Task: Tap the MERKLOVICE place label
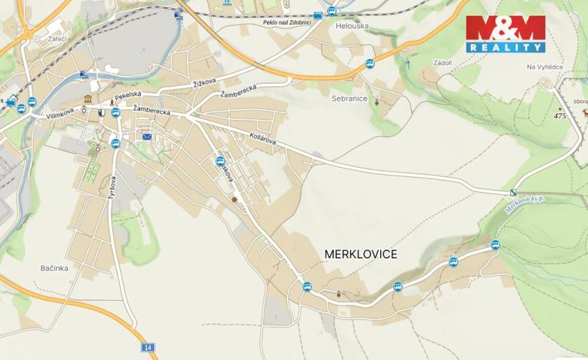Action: pyautogui.click(x=361, y=254)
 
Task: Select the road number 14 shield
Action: pyautogui.click(x=148, y=348)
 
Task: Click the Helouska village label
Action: pyautogui.click(x=353, y=25)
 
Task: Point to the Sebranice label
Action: pyautogui.click(x=350, y=99)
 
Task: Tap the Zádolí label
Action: pyautogui.click(x=443, y=62)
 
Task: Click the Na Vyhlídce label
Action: pyautogui.click(x=546, y=67)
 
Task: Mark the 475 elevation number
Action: pyautogui.click(x=560, y=115)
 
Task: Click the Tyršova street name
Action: pyautogui.click(x=112, y=187)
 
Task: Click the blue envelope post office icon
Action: pyautogui.click(x=146, y=137)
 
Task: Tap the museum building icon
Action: pyautogui.click(x=89, y=101)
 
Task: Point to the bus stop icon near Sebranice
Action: pyautogui.click(x=369, y=63)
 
